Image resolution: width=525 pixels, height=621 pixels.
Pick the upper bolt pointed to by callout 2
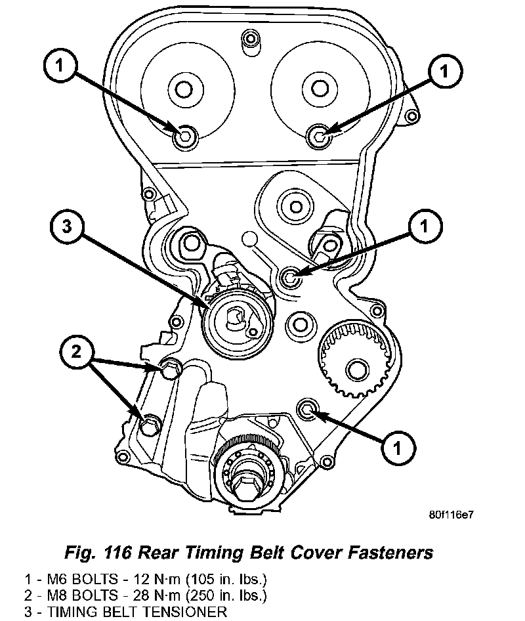169,370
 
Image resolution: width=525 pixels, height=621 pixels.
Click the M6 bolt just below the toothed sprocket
307,410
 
